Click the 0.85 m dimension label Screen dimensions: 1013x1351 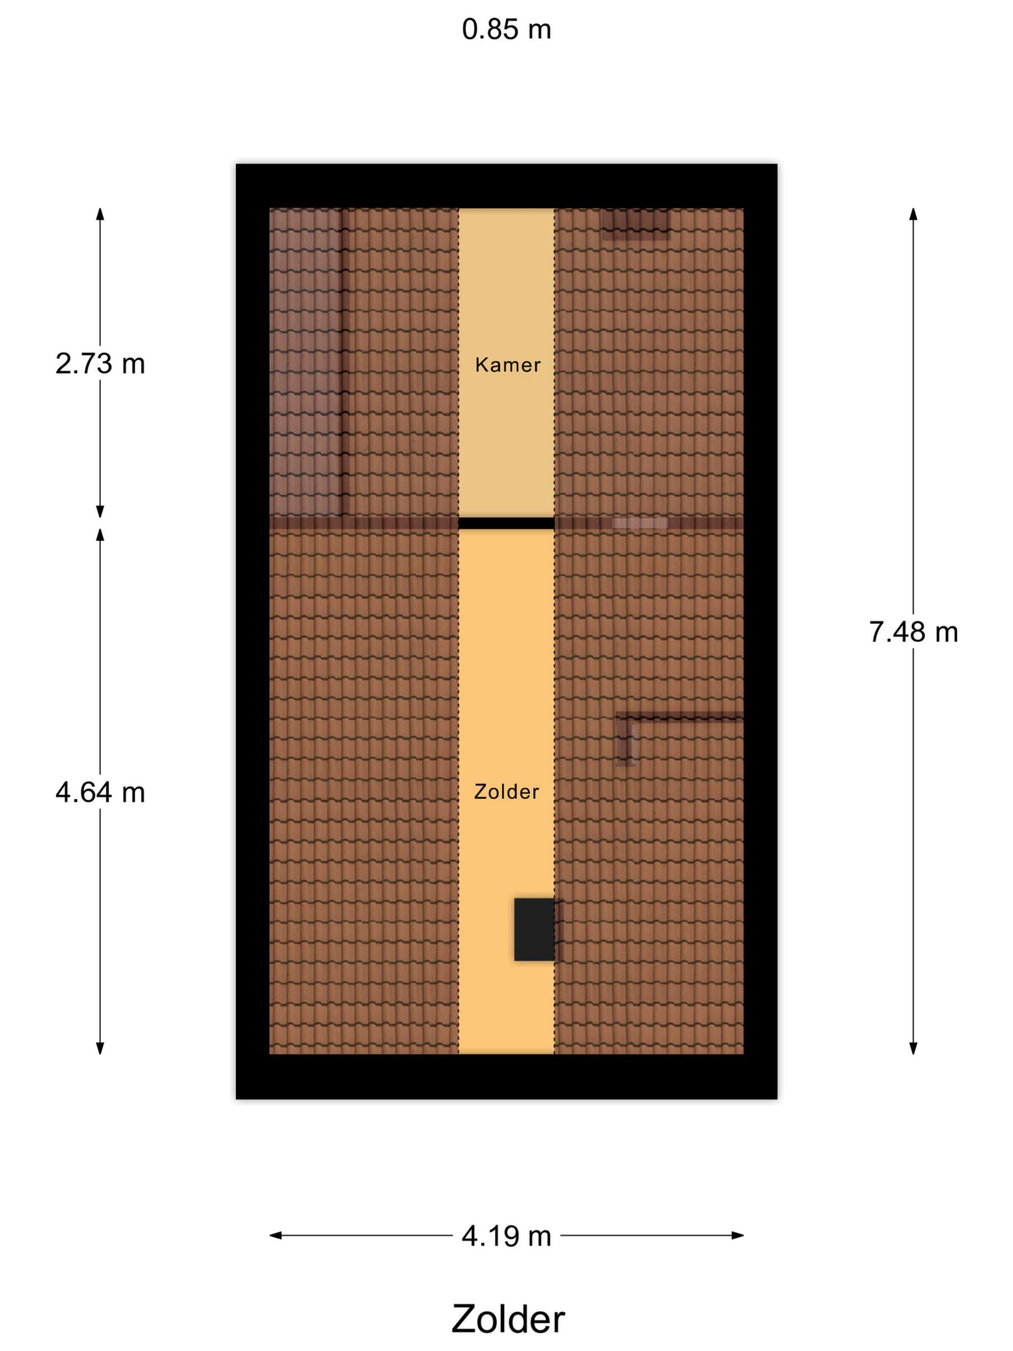506,30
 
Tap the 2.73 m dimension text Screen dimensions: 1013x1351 100,364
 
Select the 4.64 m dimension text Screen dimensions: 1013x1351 100,793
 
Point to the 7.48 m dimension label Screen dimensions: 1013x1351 913,632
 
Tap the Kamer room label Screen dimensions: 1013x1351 508,365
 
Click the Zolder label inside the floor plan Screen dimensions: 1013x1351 506,792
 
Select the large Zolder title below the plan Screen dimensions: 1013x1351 508,1319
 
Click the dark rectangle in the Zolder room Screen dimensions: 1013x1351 534,929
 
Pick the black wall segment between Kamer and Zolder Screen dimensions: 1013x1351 506,524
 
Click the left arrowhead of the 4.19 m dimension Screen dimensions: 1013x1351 275,1235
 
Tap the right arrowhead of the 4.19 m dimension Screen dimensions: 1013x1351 738,1235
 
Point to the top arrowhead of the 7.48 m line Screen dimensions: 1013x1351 913,214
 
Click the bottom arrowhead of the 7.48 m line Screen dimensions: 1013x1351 913,1048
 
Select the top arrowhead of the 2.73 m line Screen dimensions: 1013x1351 100,214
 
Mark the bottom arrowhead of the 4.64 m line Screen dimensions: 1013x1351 100,1048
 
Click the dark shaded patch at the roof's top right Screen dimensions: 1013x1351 635,224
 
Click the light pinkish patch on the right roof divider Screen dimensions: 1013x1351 640,524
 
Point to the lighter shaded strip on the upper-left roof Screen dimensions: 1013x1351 305,362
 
